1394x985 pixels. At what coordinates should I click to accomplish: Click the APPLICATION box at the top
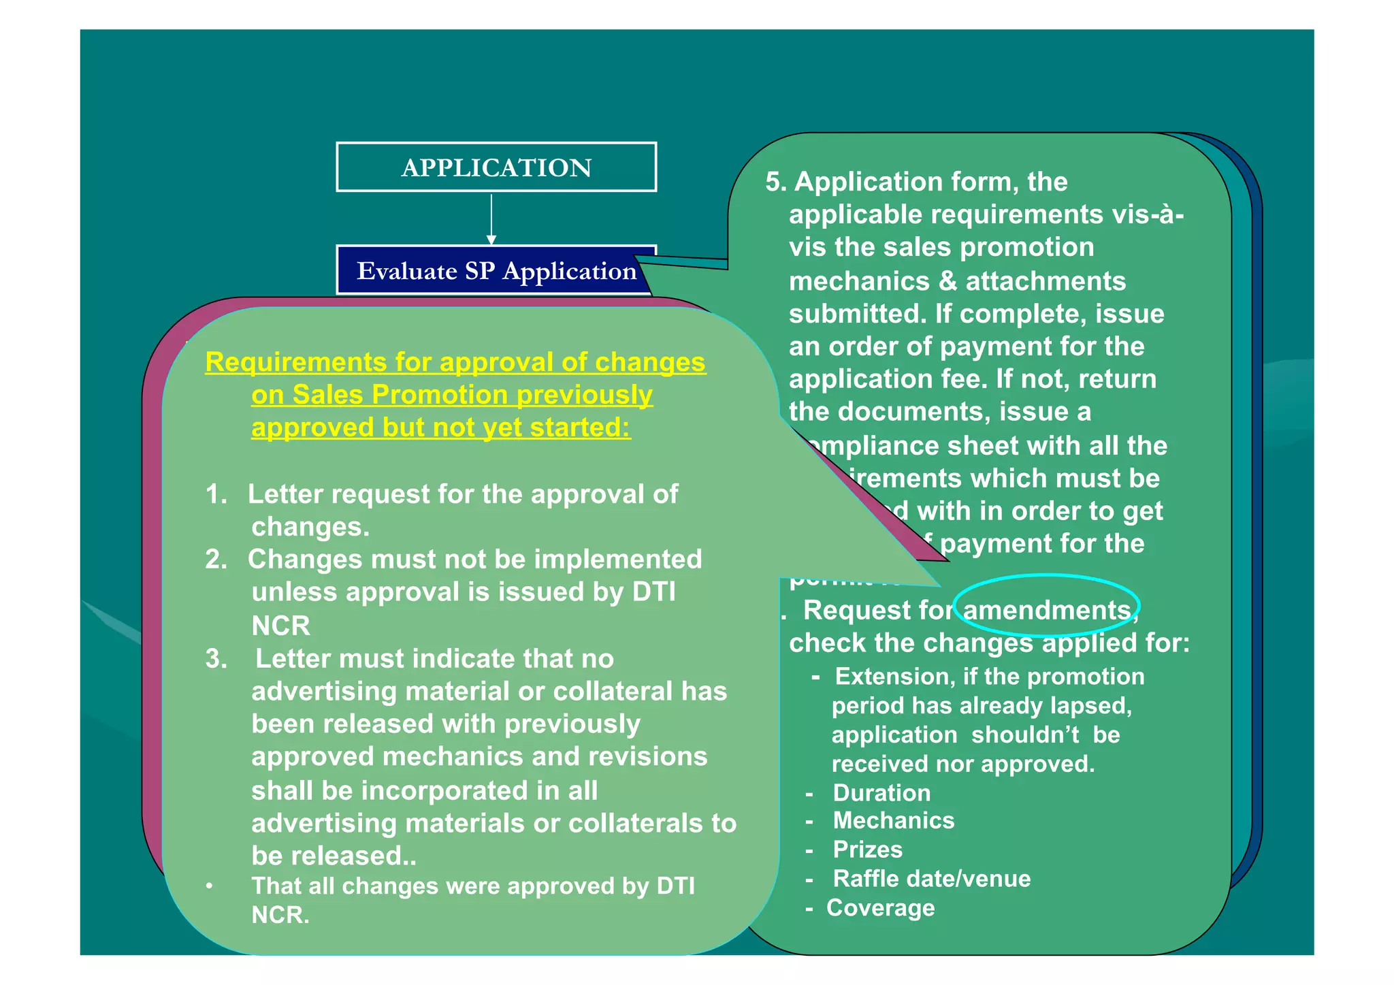pos(496,167)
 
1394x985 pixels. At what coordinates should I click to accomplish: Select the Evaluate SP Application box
pos(496,271)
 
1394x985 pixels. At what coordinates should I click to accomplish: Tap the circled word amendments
pos(1047,609)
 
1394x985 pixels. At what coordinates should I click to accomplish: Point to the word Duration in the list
pos(881,793)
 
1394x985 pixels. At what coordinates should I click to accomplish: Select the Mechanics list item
pos(893,821)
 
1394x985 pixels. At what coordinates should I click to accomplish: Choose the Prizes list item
pos(868,850)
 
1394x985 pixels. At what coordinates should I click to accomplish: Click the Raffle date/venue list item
pos(931,879)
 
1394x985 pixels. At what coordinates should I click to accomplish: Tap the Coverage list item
pos(880,908)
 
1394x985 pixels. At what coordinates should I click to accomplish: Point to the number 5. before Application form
pos(776,182)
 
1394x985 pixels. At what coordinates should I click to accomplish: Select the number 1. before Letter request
pos(216,494)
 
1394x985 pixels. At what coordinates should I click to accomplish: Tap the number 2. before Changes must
pos(216,560)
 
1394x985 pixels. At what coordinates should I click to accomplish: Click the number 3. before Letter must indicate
pos(216,659)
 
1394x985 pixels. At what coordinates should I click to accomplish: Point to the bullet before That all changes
pos(210,886)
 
